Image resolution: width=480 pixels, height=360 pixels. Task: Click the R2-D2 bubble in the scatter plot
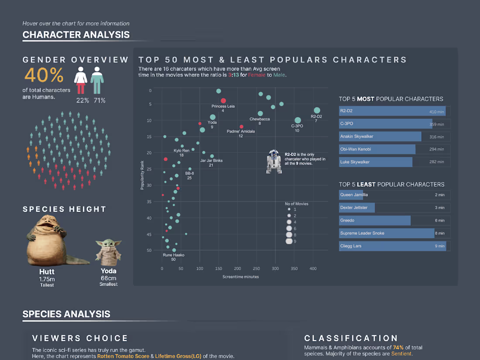pyautogui.click(x=317, y=110)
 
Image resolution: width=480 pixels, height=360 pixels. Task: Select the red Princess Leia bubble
pyautogui.click(x=223, y=101)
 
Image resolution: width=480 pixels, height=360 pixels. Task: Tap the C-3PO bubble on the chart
pyautogui.click(x=298, y=120)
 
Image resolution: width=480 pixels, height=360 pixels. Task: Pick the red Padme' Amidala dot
pyautogui.click(x=241, y=127)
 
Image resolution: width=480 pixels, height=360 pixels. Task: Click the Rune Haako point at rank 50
pyautogui.click(x=174, y=250)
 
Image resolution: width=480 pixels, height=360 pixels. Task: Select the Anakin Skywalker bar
pyautogui.click(x=380, y=137)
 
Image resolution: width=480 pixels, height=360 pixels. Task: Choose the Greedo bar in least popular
pyautogui.click(x=375, y=220)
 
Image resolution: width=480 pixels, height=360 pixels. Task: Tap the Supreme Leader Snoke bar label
pyautogui.click(x=362, y=233)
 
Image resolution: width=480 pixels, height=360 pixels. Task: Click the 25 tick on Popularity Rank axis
pyautogui.click(x=149, y=169)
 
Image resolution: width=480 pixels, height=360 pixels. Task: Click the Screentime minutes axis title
pyautogui.click(x=240, y=277)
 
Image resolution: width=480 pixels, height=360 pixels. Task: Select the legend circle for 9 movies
pyautogui.click(x=288, y=241)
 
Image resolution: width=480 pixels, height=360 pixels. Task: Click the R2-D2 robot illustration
pyautogui.click(x=274, y=161)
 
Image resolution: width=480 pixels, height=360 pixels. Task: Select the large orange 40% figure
pyautogui.click(x=44, y=75)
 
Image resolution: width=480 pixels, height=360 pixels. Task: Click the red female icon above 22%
pyautogui.click(x=80, y=80)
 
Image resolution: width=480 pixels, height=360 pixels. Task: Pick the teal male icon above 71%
pyautogui.click(x=97, y=80)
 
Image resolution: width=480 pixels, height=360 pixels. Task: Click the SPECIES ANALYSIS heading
pyautogui.click(x=66, y=314)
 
